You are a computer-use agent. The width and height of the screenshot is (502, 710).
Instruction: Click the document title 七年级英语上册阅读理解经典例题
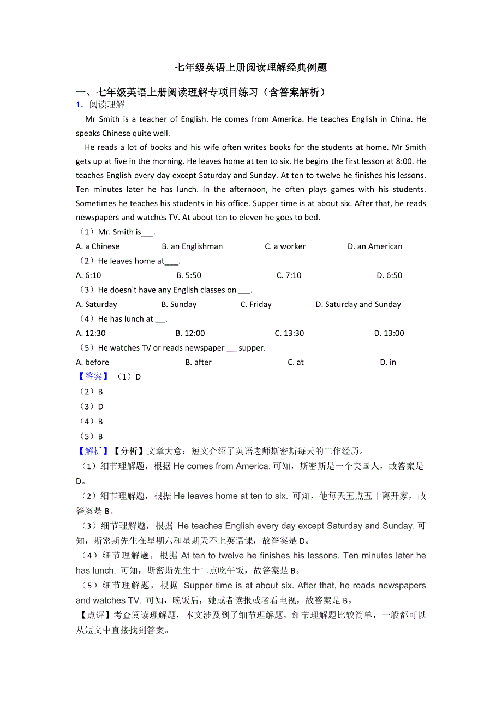point(250,68)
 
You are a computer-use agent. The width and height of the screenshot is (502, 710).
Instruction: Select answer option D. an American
point(375,246)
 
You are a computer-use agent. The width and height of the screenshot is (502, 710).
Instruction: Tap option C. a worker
point(285,246)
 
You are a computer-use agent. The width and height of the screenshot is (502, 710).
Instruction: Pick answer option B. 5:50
point(189,275)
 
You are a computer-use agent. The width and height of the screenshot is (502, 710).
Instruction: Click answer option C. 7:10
point(289,275)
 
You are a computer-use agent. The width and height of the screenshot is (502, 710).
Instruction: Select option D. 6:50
point(389,275)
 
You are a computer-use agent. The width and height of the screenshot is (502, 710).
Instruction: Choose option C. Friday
point(256,304)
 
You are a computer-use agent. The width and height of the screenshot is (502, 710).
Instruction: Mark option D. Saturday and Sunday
point(358,304)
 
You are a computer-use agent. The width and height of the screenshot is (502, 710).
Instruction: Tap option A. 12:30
point(91,333)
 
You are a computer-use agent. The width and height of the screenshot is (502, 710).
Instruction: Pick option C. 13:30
point(289,333)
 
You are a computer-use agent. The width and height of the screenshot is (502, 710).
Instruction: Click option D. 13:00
point(389,333)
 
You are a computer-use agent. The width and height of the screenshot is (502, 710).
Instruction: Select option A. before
point(92,362)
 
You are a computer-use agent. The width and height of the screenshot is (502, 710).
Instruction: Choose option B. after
point(198,362)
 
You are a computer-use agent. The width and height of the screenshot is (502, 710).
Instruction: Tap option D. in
point(388,362)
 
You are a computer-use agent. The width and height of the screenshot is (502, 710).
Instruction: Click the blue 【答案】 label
point(91,377)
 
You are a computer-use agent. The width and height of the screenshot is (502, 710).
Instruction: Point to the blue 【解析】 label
point(91,451)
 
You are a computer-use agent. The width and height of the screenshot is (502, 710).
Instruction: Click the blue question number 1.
point(79,105)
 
